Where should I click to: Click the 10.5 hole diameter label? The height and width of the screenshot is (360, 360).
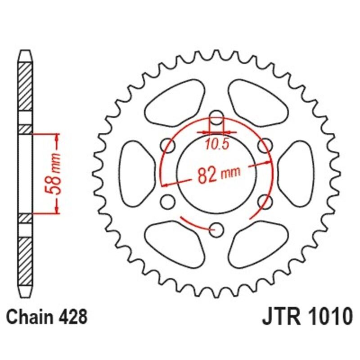217,144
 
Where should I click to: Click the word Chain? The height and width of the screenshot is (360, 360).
29,318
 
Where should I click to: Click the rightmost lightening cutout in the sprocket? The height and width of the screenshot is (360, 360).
297,173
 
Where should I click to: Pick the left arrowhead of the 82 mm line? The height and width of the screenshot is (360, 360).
164,184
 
